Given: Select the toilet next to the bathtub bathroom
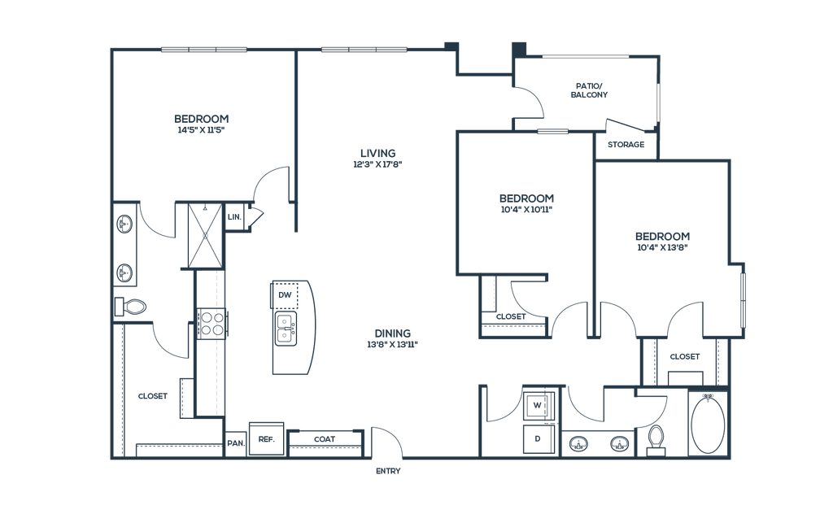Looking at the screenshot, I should click(655, 440).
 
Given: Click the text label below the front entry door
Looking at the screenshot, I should click(388, 470).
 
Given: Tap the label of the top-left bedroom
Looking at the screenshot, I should click(201, 123).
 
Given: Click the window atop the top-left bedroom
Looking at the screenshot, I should click(203, 50).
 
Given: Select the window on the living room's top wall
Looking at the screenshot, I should click(363, 50).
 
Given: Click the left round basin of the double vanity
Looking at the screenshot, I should click(579, 443).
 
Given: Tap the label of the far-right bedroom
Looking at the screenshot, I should click(663, 241).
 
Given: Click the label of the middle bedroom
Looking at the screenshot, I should click(526, 203).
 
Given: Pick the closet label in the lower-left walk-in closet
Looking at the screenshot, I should click(152, 397).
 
